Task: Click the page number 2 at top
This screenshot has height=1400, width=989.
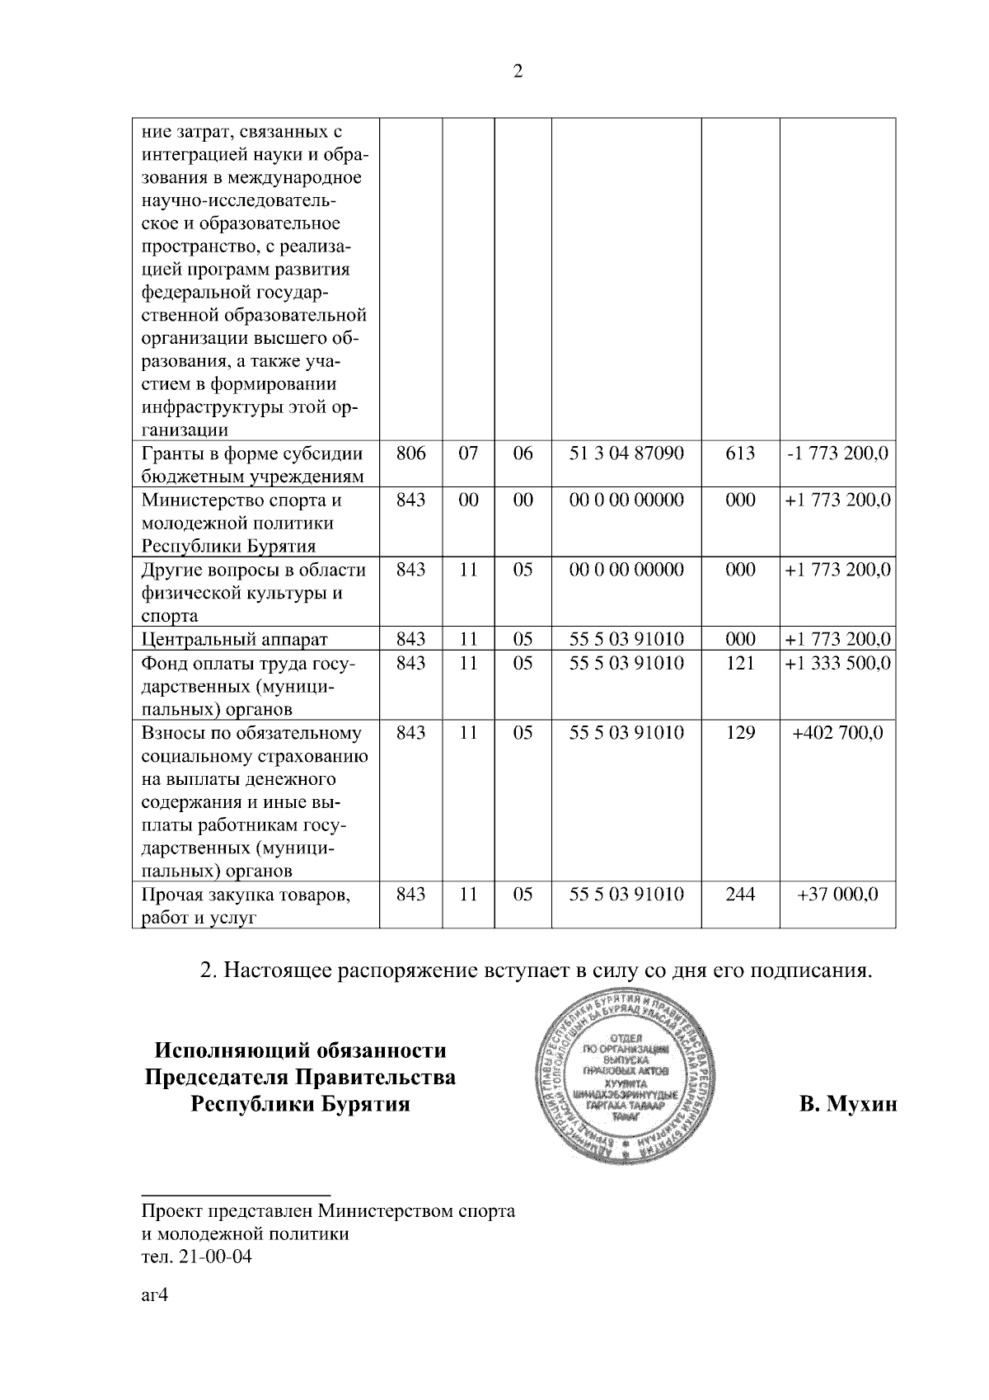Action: coord(518,72)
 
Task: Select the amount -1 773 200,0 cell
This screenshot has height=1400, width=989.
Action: coord(837,453)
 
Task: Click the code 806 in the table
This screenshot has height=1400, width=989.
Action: coord(410,453)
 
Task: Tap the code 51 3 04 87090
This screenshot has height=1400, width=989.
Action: coord(626,453)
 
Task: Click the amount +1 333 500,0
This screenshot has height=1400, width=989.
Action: coord(837,663)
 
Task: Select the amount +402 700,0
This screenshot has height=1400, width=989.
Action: coord(837,732)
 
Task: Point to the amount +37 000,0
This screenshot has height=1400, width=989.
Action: coord(837,894)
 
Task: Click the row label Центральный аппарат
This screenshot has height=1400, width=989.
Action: coord(235,640)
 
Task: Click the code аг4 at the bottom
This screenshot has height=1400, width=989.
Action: coord(155,1295)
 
